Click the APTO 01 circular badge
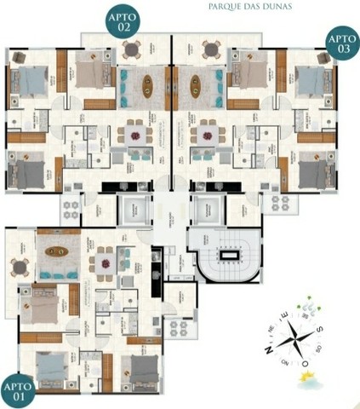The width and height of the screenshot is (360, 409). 18,390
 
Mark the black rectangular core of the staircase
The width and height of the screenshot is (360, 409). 228,255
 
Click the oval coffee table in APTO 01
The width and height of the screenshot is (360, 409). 57,252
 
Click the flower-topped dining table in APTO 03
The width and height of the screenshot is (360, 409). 208,133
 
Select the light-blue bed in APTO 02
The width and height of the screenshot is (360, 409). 27,83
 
